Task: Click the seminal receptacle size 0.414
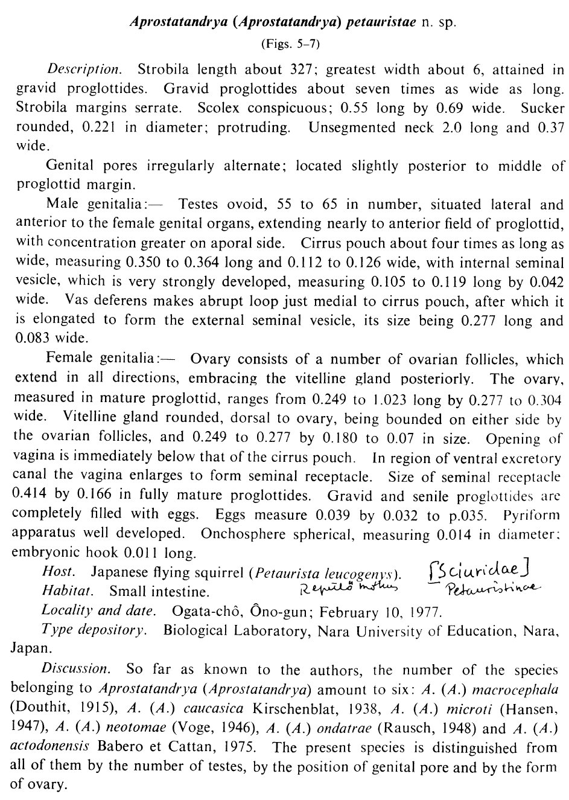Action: click(x=30, y=496)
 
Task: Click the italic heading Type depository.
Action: click(x=94, y=630)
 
